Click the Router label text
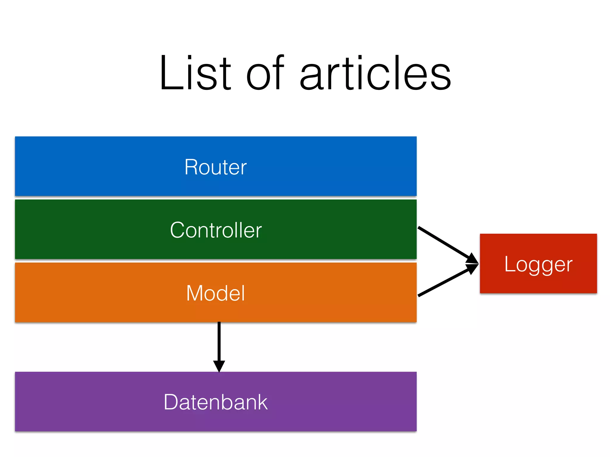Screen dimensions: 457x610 click(216, 167)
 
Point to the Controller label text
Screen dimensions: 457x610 click(216, 230)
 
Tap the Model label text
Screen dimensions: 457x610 click(216, 293)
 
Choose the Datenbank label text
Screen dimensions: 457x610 click(216, 402)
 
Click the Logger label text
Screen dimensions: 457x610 click(538, 264)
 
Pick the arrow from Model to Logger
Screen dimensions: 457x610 click(444, 282)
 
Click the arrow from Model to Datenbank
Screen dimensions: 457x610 click(219, 342)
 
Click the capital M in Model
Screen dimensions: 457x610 click(195, 293)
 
